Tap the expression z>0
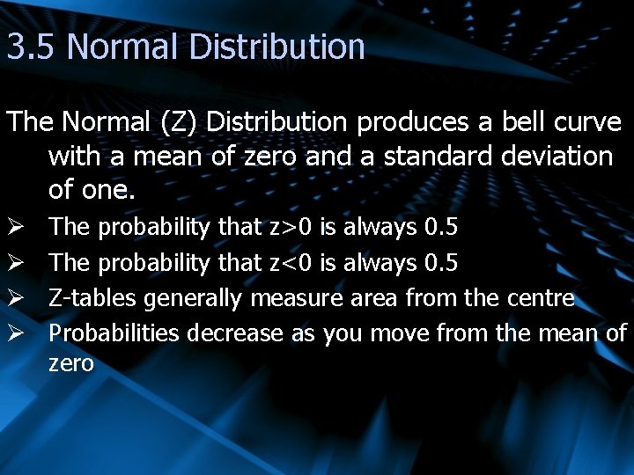point(291,228)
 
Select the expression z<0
point(291,263)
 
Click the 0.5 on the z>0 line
point(440,228)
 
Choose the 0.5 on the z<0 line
point(440,263)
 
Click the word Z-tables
point(92,298)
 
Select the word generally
point(193,299)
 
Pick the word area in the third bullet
point(374,298)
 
